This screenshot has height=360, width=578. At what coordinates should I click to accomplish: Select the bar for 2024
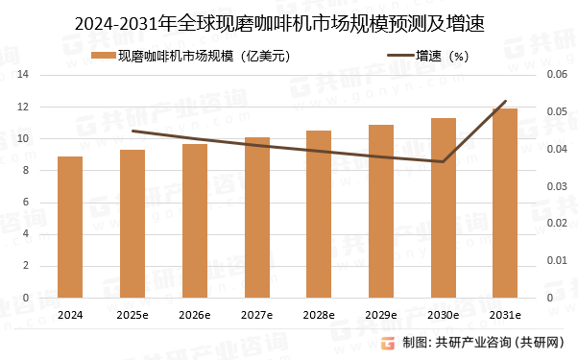tap(70, 228)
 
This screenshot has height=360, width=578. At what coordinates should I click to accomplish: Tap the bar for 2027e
tap(256, 218)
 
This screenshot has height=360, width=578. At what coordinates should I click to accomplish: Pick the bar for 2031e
tap(506, 204)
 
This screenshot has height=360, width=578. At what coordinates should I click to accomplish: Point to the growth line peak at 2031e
tap(506, 101)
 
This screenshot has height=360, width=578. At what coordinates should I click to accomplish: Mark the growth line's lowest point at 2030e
tap(443, 161)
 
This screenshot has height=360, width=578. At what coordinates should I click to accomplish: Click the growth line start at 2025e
tap(132, 131)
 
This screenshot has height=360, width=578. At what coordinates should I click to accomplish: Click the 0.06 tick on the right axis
tap(557, 75)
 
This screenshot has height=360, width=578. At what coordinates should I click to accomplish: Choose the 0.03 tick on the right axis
tap(557, 186)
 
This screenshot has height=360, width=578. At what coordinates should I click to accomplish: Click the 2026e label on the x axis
tap(194, 315)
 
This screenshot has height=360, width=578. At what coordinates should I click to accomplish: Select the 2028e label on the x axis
tap(319, 315)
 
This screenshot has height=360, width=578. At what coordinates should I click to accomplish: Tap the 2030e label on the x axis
tap(443, 315)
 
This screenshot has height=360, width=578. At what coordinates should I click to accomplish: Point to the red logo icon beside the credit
tap(389, 343)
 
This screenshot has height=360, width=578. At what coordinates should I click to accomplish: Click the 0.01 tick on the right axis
tap(557, 261)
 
